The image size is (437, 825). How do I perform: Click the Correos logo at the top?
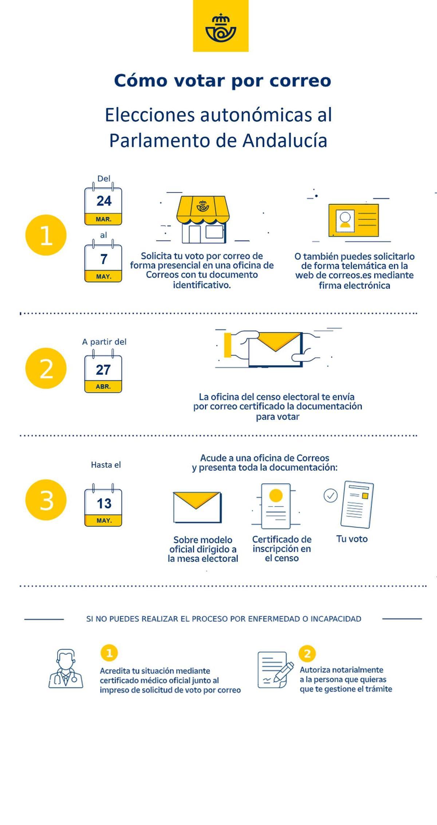221,26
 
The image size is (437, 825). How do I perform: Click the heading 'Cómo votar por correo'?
223,81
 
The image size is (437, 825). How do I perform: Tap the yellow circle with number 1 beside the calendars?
46,235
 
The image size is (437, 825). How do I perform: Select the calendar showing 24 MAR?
103,205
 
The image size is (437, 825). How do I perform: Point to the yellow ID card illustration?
354,220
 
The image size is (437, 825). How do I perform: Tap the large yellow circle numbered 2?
46,368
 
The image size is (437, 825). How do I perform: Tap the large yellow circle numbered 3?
46,500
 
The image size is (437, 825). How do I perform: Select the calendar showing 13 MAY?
103,505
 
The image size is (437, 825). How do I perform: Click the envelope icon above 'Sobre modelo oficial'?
197,507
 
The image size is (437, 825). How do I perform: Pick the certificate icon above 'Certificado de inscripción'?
276,506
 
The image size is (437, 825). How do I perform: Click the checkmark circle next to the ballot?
331,495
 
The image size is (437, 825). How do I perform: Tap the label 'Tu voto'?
352,539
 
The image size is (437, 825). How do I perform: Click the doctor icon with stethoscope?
66,669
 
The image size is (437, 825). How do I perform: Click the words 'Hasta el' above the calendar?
106,465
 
